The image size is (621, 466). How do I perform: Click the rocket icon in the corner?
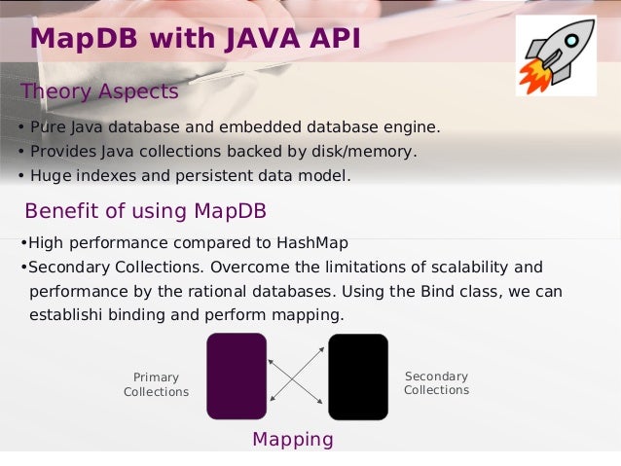556,54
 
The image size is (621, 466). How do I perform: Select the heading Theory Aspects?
99,91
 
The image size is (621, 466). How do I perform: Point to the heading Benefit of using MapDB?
145,211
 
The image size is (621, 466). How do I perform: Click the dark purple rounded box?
237,376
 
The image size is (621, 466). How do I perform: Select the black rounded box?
358,376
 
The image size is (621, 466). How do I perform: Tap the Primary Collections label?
156,384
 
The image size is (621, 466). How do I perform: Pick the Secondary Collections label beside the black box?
436,383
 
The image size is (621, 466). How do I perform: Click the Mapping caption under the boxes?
292,439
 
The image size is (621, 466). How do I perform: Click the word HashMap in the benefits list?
312,243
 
